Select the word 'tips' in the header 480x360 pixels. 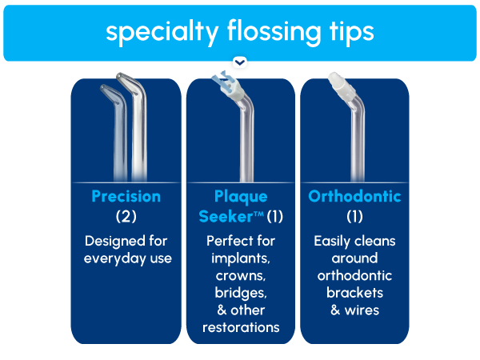pos(346,32)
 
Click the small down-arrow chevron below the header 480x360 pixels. pos(240,62)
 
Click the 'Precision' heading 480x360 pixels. pos(126,196)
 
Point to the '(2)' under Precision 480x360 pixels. pos(126,216)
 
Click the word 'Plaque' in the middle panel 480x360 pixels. pos(240,196)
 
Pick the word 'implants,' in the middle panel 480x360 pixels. pos(240,258)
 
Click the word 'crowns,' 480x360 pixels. pos(240,276)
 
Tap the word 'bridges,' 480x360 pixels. pos(240,293)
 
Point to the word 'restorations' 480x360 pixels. pos(240,327)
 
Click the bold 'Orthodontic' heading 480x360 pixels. pos(354,196)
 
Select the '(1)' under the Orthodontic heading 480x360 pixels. pos(354,216)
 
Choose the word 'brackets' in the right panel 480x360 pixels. pos(354,293)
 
